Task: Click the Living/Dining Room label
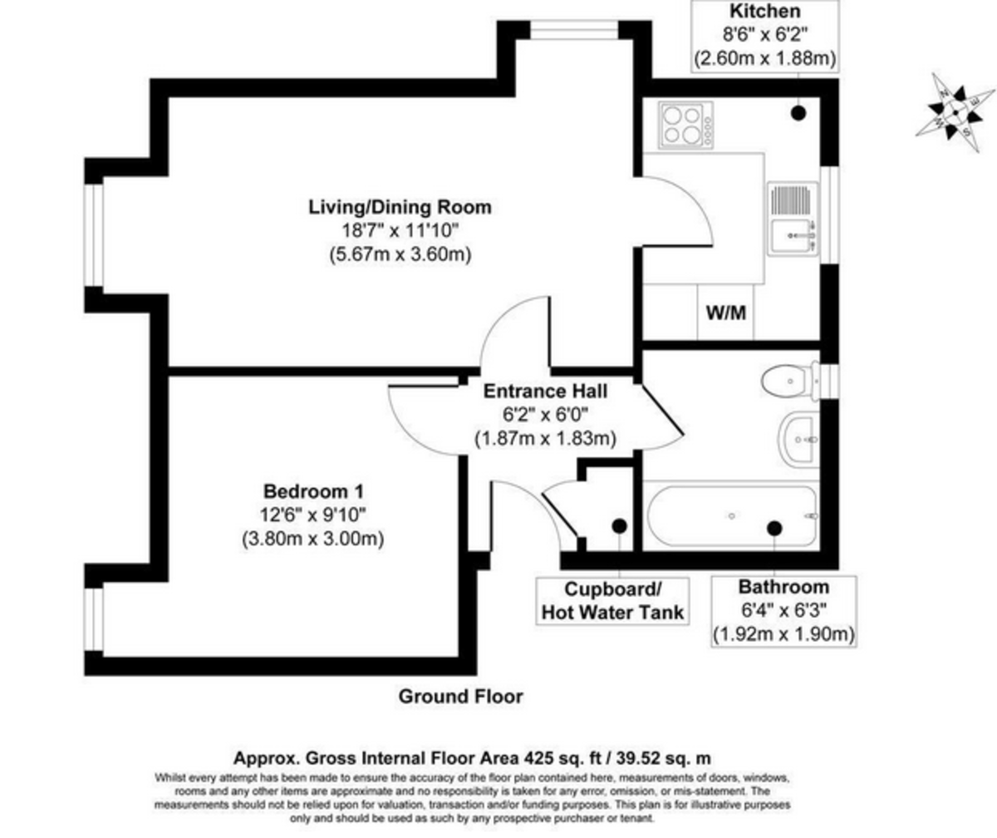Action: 400,207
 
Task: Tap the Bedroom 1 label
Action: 314,491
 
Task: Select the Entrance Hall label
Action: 545,392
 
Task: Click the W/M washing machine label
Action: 726,313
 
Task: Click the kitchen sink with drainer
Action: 793,219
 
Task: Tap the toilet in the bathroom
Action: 790,381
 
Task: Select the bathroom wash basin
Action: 798,439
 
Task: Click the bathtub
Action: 731,516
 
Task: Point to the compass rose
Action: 955,113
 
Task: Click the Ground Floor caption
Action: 461,697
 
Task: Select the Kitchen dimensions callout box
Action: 765,37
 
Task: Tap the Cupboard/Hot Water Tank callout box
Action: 612,601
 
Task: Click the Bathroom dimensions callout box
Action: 784,612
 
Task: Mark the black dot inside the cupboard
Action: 619,526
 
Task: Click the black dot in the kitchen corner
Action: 798,113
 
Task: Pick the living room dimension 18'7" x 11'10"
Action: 400,231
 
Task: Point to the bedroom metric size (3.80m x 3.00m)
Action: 313,539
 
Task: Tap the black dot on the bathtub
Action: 774,529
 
